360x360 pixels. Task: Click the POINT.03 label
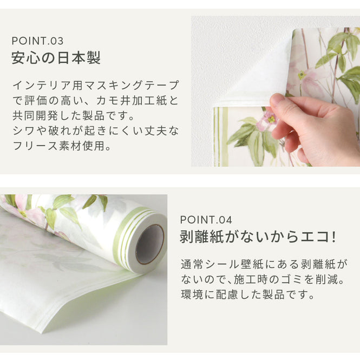click(37, 41)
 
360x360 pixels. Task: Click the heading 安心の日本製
click(56, 58)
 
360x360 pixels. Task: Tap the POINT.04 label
click(206, 219)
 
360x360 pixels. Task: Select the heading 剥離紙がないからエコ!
click(258, 237)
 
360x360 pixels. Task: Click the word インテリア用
click(42, 86)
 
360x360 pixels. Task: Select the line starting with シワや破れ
click(95, 131)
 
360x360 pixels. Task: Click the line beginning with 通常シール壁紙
click(264, 265)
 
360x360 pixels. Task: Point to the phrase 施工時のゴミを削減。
click(286, 280)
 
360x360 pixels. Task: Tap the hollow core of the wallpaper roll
click(149, 244)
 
